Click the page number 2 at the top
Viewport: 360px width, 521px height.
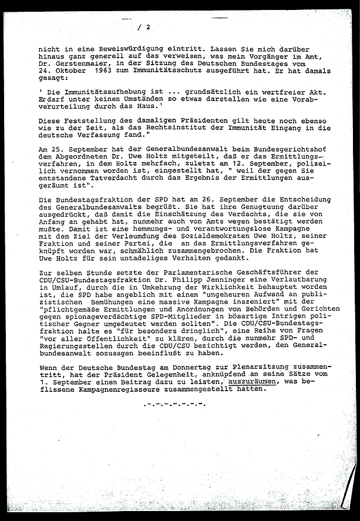click(149, 26)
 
